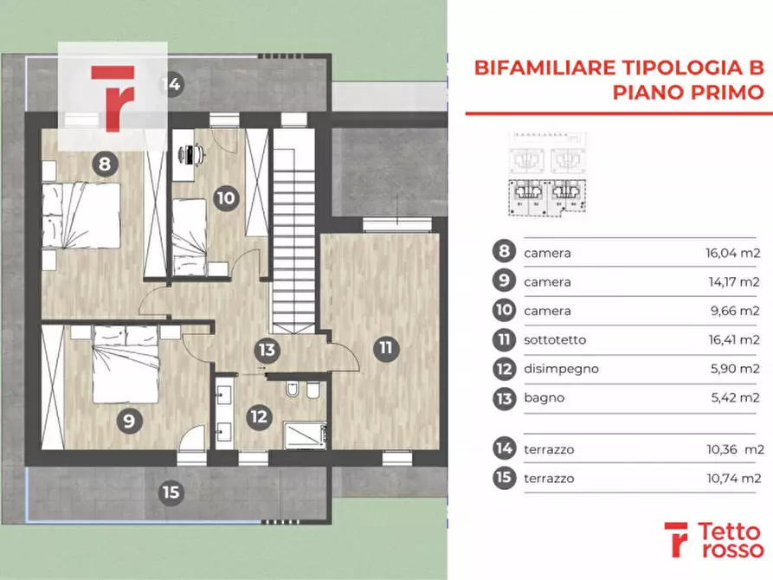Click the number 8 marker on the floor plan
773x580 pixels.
pyautogui.click(x=104, y=163)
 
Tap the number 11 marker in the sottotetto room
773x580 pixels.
pyautogui.click(x=385, y=349)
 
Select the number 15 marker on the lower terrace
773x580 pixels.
pyautogui.click(x=171, y=493)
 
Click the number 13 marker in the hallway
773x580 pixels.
pyautogui.click(x=267, y=350)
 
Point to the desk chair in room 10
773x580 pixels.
pyautogui.click(x=191, y=154)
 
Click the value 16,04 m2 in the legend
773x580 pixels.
pyautogui.click(x=731, y=254)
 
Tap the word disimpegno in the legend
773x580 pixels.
pyautogui.click(x=561, y=369)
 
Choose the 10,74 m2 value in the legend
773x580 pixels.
pyautogui.click(x=731, y=478)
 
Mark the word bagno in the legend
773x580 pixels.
pyautogui.click(x=544, y=397)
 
